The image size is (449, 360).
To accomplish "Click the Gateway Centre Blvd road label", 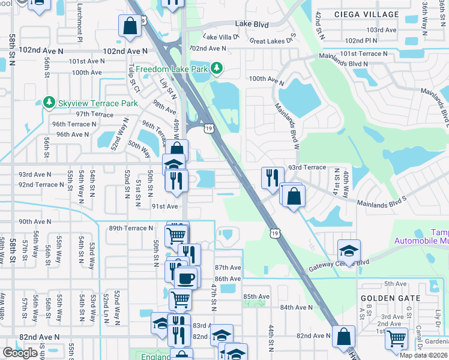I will pos(340,267).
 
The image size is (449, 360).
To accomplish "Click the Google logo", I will pos(20,353).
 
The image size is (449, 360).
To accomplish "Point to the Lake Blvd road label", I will pos(252,23).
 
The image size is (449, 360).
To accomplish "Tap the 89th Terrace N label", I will pos(131,228).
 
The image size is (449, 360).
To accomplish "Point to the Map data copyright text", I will pos(423,355).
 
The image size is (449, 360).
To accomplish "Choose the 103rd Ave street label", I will pos(382,29).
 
